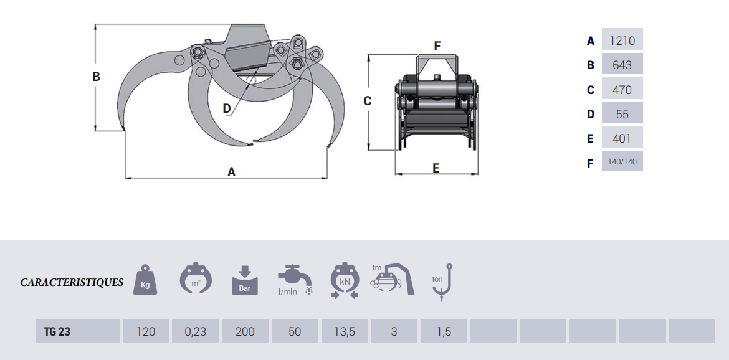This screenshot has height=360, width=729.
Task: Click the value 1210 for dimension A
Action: [622, 40]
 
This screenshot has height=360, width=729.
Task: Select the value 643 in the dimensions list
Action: [622, 65]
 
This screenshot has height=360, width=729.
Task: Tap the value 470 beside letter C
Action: [622, 90]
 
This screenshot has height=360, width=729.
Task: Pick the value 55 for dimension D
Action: [622, 114]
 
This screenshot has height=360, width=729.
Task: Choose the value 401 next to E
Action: [622, 138]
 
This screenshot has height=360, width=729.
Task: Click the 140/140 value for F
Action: [622, 162]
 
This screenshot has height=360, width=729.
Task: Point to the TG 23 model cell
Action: [57, 332]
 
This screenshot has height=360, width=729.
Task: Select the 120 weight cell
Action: [146, 332]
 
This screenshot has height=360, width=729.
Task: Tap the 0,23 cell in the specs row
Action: [195, 332]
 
